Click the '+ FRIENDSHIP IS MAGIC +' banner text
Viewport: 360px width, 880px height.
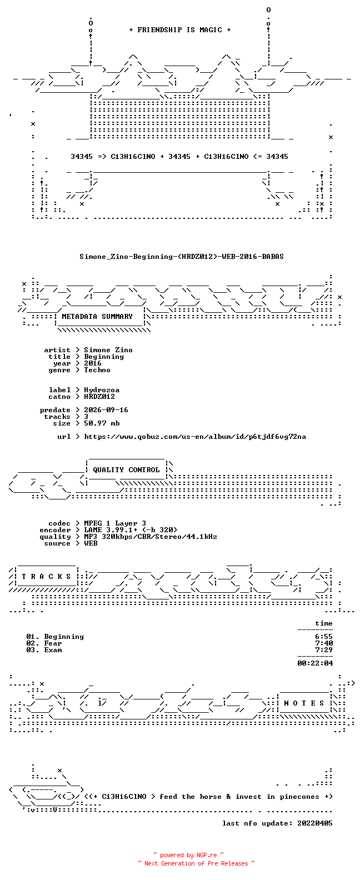tap(180, 30)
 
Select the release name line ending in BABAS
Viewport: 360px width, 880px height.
tap(182, 257)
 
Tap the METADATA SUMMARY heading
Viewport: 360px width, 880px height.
tap(97, 316)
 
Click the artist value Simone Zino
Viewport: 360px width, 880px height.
tap(108, 349)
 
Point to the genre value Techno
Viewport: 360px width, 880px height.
tap(97, 369)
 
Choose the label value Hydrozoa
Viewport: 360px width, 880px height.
tap(102, 389)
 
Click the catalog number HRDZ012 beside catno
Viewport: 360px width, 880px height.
tap(99, 397)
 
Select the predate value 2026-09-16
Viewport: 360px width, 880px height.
tap(106, 410)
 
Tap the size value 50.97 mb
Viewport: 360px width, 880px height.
tap(102, 423)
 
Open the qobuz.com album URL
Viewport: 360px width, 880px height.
tap(195, 437)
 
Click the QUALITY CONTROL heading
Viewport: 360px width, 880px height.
tap(126, 469)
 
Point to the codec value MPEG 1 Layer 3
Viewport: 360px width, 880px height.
tap(115, 523)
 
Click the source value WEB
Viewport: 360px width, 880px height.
tap(91, 543)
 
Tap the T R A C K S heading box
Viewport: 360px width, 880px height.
tap(46, 576)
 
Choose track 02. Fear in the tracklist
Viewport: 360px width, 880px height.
tap(44, 643)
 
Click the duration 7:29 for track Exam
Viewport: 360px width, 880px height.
tap(324, 650)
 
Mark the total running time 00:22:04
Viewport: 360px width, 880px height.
tap(315, 663)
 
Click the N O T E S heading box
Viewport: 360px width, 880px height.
tap(304, 703)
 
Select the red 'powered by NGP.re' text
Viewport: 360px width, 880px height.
tap(188, 855)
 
